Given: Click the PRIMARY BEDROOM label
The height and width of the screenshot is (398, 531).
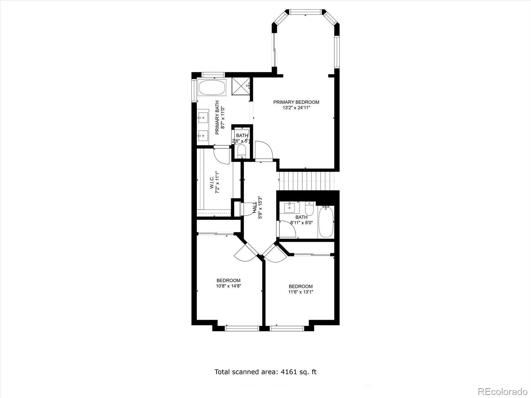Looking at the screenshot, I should (x=296, y=102).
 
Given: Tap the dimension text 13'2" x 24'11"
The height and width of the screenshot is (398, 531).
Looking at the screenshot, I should (x=296, y=108).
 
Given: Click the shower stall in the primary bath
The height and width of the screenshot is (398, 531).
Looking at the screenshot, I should (x=240, y=87).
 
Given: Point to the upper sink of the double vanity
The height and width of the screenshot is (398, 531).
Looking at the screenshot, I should (x=202, y=117).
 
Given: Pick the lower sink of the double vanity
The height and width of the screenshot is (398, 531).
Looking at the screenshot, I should (x=202, y=135).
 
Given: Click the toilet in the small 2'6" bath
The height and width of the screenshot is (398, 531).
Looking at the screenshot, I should (x=242, y=152).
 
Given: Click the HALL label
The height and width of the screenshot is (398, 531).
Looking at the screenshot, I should (x=255, y=208).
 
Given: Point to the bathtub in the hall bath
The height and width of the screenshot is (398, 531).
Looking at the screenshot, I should (x=326, y=222).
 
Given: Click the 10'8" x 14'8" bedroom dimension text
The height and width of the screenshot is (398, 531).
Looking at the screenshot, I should (x=228, y=286).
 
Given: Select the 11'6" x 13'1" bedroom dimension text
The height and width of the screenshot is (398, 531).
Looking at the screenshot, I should (x=300, y=292).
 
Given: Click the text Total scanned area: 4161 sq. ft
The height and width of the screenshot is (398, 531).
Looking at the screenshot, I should (x=265, y=372).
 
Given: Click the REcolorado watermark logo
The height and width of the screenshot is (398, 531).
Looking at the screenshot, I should (x=502, y=390).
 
